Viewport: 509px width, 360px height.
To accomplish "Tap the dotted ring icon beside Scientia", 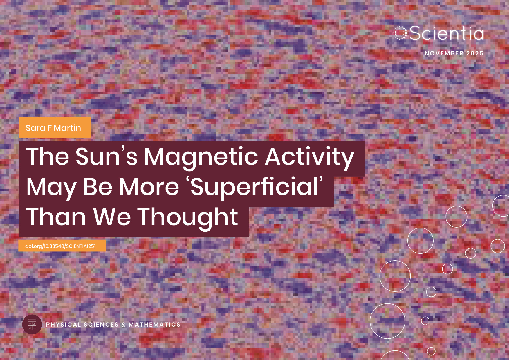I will (400, 33).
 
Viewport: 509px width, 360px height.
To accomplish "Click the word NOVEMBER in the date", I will (444, 53).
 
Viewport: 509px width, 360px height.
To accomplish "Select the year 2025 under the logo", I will (475, 53).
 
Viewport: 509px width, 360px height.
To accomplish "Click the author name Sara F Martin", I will (53, 128).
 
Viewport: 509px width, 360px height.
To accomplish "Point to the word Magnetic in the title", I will (201, 157).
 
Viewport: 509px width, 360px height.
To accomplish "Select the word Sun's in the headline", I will (106, 157).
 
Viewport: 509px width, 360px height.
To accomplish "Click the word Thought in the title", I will (187, 217).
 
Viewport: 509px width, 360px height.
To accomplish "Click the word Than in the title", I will (56, 217).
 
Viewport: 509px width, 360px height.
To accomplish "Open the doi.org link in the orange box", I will (60, 246).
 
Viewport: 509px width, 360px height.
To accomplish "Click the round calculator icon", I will (32, 324).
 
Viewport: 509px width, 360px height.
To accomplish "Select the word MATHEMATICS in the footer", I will (154, 325).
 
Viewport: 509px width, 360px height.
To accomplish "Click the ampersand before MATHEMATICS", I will (124, 325).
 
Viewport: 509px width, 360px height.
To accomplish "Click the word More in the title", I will (149, 187).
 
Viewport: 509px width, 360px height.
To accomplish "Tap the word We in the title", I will (112, 217).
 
